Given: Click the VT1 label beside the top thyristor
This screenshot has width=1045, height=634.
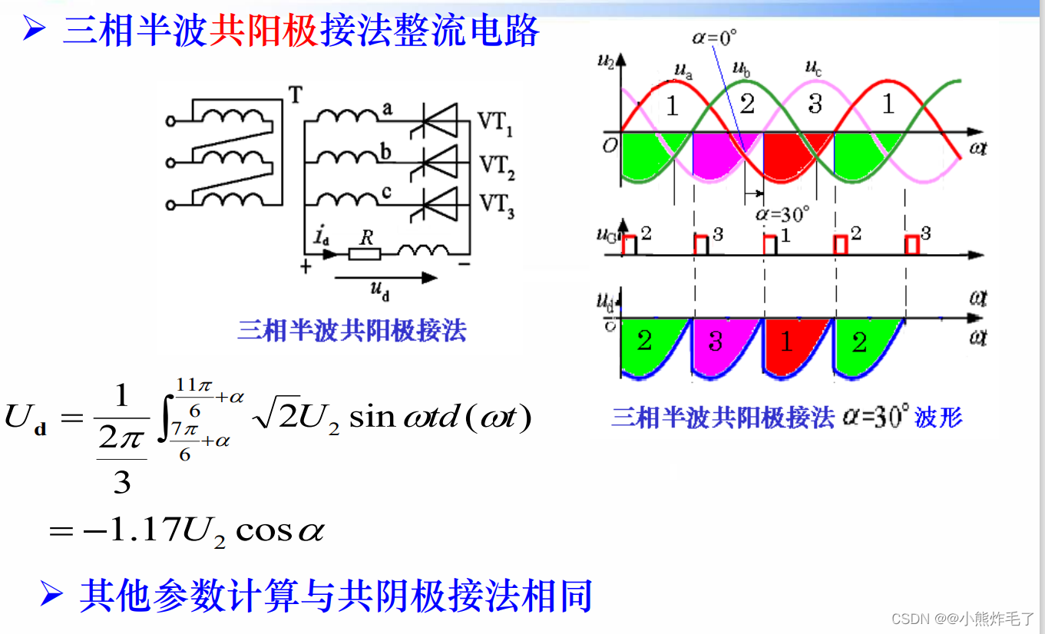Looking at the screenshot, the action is pos(496,123).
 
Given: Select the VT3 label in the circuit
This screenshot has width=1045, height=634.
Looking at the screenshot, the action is pos(496,206).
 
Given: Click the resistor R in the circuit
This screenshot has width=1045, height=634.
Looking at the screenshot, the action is pos(366,252).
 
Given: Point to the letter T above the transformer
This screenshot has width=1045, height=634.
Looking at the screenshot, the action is pos(295,94).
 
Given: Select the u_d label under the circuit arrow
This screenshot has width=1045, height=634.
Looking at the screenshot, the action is pos(380,289).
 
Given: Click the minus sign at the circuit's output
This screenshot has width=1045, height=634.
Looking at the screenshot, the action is pos(464,266).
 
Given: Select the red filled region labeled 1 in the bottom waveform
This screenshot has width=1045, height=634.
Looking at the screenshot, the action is pos(788,342).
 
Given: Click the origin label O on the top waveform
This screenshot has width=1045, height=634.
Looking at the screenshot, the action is pos(609,145).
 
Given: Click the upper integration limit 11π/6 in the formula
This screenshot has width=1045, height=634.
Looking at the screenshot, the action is pos(188,390).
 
